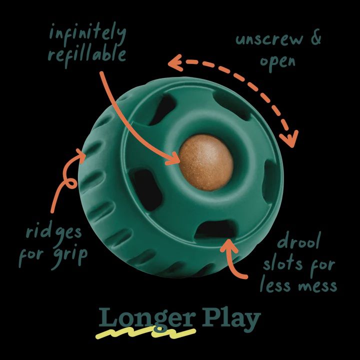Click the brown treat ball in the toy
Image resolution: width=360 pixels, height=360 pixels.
[206, 162]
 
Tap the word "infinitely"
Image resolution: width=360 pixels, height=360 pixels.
[87, 34]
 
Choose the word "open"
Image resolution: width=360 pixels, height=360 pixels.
[277, 62]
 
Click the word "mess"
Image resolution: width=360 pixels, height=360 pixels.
[317, 286]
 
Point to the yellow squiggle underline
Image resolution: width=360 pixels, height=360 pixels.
[145, 333]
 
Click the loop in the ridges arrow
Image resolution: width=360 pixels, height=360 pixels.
[71, 183]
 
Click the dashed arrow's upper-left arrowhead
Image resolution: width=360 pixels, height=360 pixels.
[175, 62]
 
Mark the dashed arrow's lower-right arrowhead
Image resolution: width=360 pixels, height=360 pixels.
[289, 139]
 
